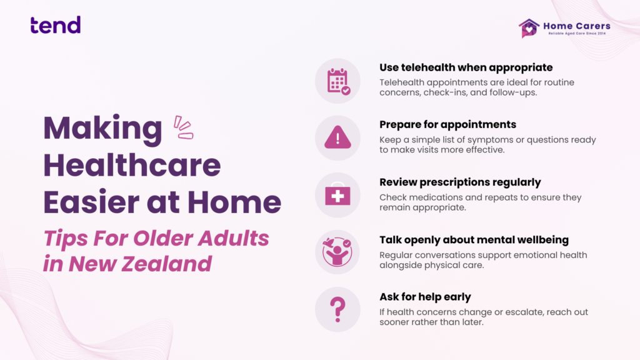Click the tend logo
tap(56, 25)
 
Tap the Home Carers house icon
tap(529, 28)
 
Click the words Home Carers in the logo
tap(577, 26)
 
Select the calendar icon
tap(338, 81)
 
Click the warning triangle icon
tap(337, 137)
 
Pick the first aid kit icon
tap(337, 195)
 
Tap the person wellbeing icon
tap(337, 252)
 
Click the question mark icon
tap(337, 310)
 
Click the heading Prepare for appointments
tap(447, 124)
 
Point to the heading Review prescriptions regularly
tap(460, 182)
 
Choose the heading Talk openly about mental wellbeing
tap(474, 239)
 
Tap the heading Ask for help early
tap(425, 297)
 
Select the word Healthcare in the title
tap(132, 165)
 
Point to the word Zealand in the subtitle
tap(167, 264)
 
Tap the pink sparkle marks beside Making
tap(183, 127)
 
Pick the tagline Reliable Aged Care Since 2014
tap(577, 34)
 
